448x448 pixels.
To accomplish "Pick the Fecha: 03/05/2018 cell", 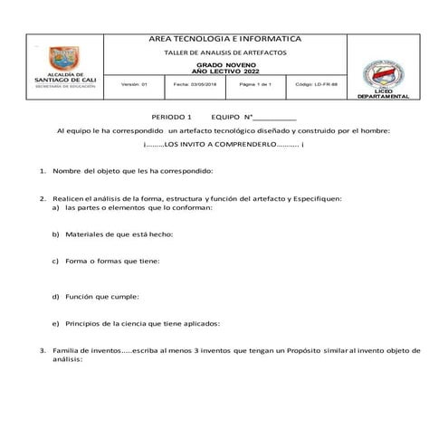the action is click(x=191, y=83).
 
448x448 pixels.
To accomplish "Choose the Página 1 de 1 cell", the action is click(x=251, y=83).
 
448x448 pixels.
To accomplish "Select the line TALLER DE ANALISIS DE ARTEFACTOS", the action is click(x=223, y=54).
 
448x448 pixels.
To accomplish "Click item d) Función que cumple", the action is click(x=103, y=296).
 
